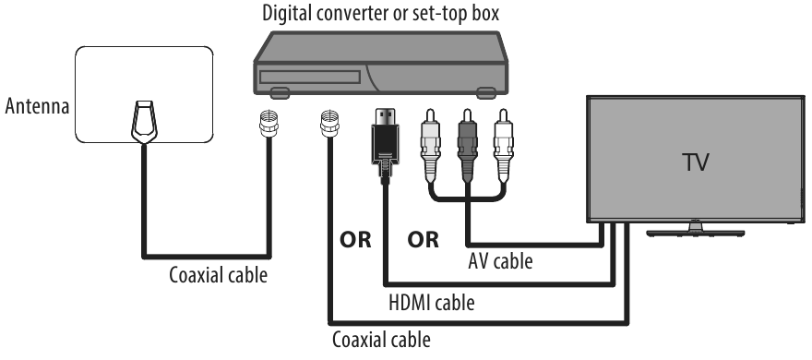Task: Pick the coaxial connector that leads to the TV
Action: point(327,126)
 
